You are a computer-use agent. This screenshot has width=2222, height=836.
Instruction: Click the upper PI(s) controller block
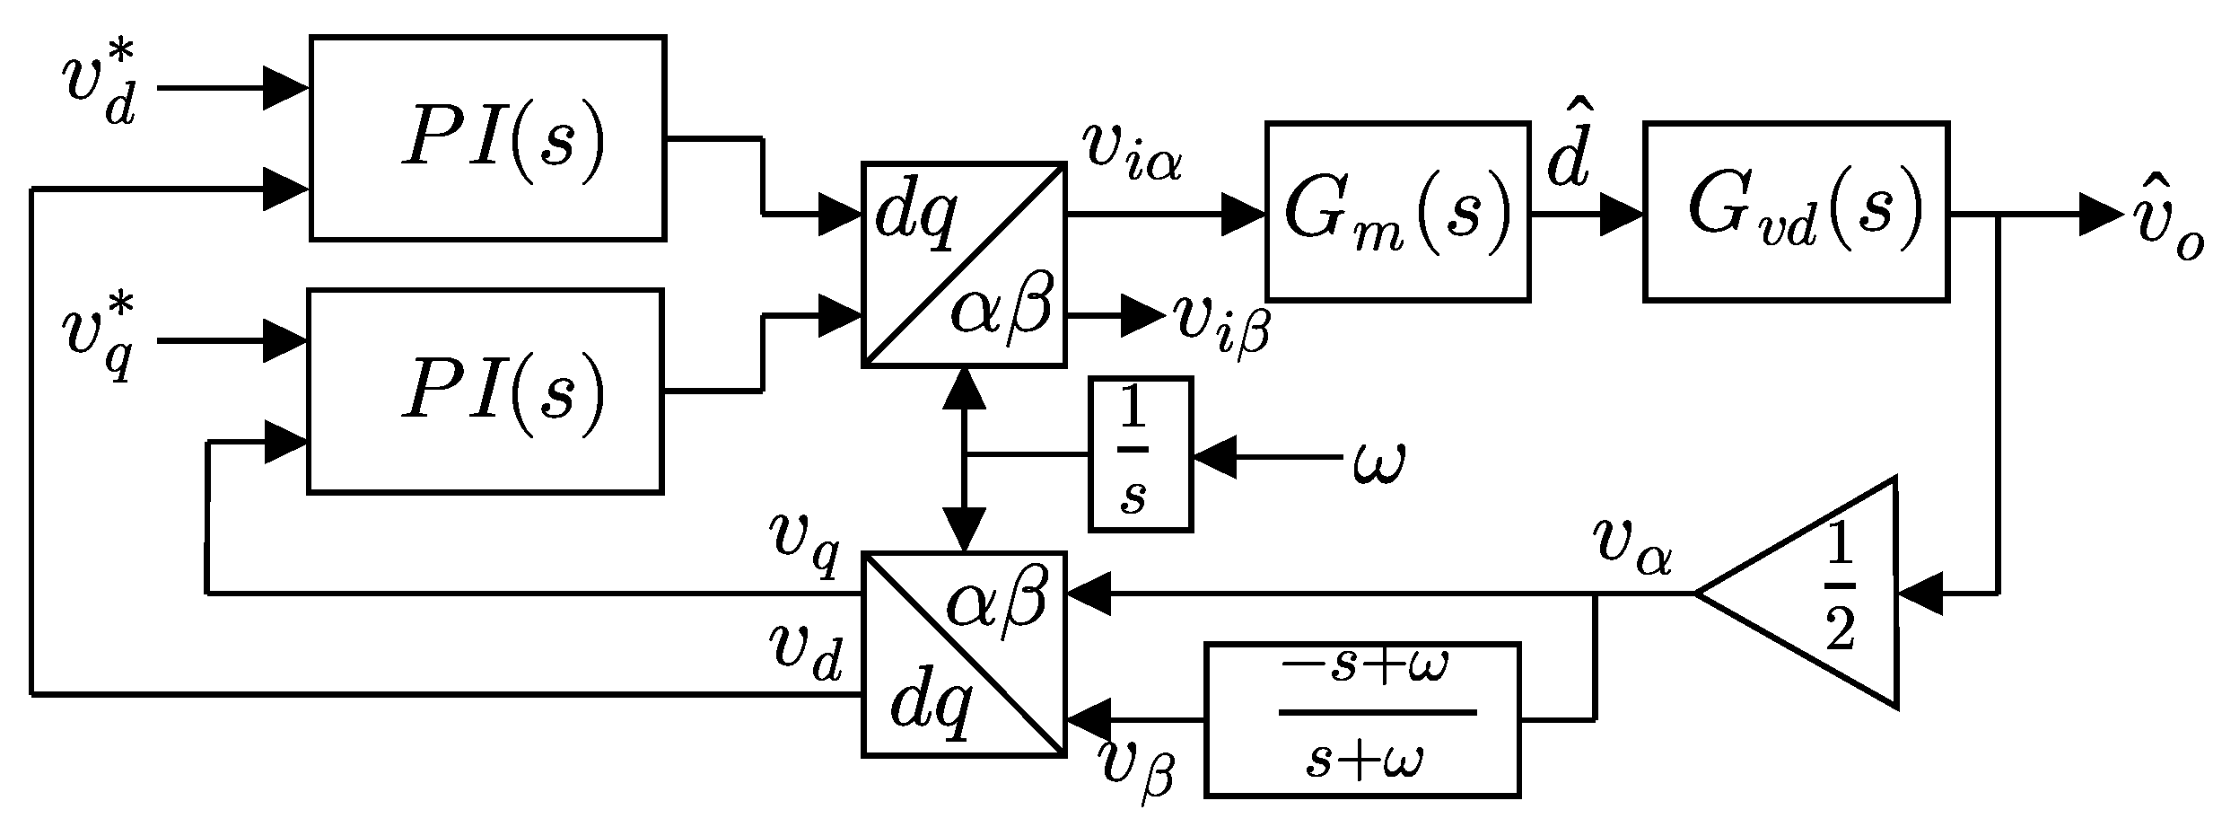(x=487, y=138)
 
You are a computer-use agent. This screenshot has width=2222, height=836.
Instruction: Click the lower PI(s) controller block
(x=486, y=392)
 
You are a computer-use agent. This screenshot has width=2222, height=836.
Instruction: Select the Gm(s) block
(x=1397, y=211)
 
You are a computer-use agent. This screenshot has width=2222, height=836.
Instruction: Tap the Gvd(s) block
(x=1796, y=211)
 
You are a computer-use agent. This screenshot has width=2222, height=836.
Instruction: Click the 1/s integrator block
(x=1140, y=453)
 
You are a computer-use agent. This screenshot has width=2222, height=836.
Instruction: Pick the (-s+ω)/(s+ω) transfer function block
(x=1362, y=718)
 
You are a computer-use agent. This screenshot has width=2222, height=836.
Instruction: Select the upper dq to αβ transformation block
(x=964, y=264)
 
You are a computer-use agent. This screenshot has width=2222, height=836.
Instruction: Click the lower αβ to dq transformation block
(x=964, y=654)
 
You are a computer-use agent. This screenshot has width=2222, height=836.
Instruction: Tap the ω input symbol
(x=1378, y=462)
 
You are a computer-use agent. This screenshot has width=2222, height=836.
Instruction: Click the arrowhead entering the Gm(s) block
(x=1245, y=216)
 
